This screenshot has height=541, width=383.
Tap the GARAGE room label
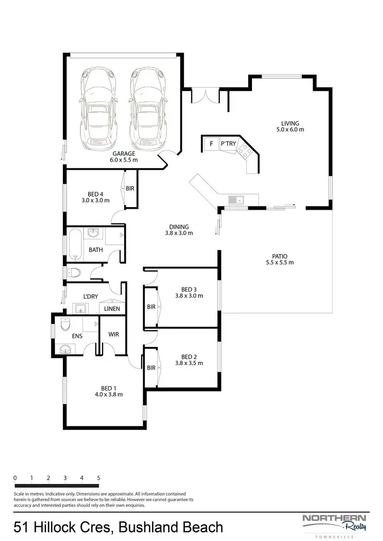[x=124, y=156]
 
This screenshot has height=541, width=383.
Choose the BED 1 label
[x=108, y=391]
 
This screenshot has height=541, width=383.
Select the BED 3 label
[x=189, y=292]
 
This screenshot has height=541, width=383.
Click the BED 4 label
[x=95, y=197]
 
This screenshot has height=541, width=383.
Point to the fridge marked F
[x=211, y=143]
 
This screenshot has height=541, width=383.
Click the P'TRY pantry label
[x=228, y=143]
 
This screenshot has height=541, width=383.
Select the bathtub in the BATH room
[x=74, y=245]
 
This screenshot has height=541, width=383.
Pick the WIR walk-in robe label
[x=114, y=334]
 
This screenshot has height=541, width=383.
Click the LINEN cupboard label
[x=111, y=309]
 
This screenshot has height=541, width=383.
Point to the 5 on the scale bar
[x=99, y=478]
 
